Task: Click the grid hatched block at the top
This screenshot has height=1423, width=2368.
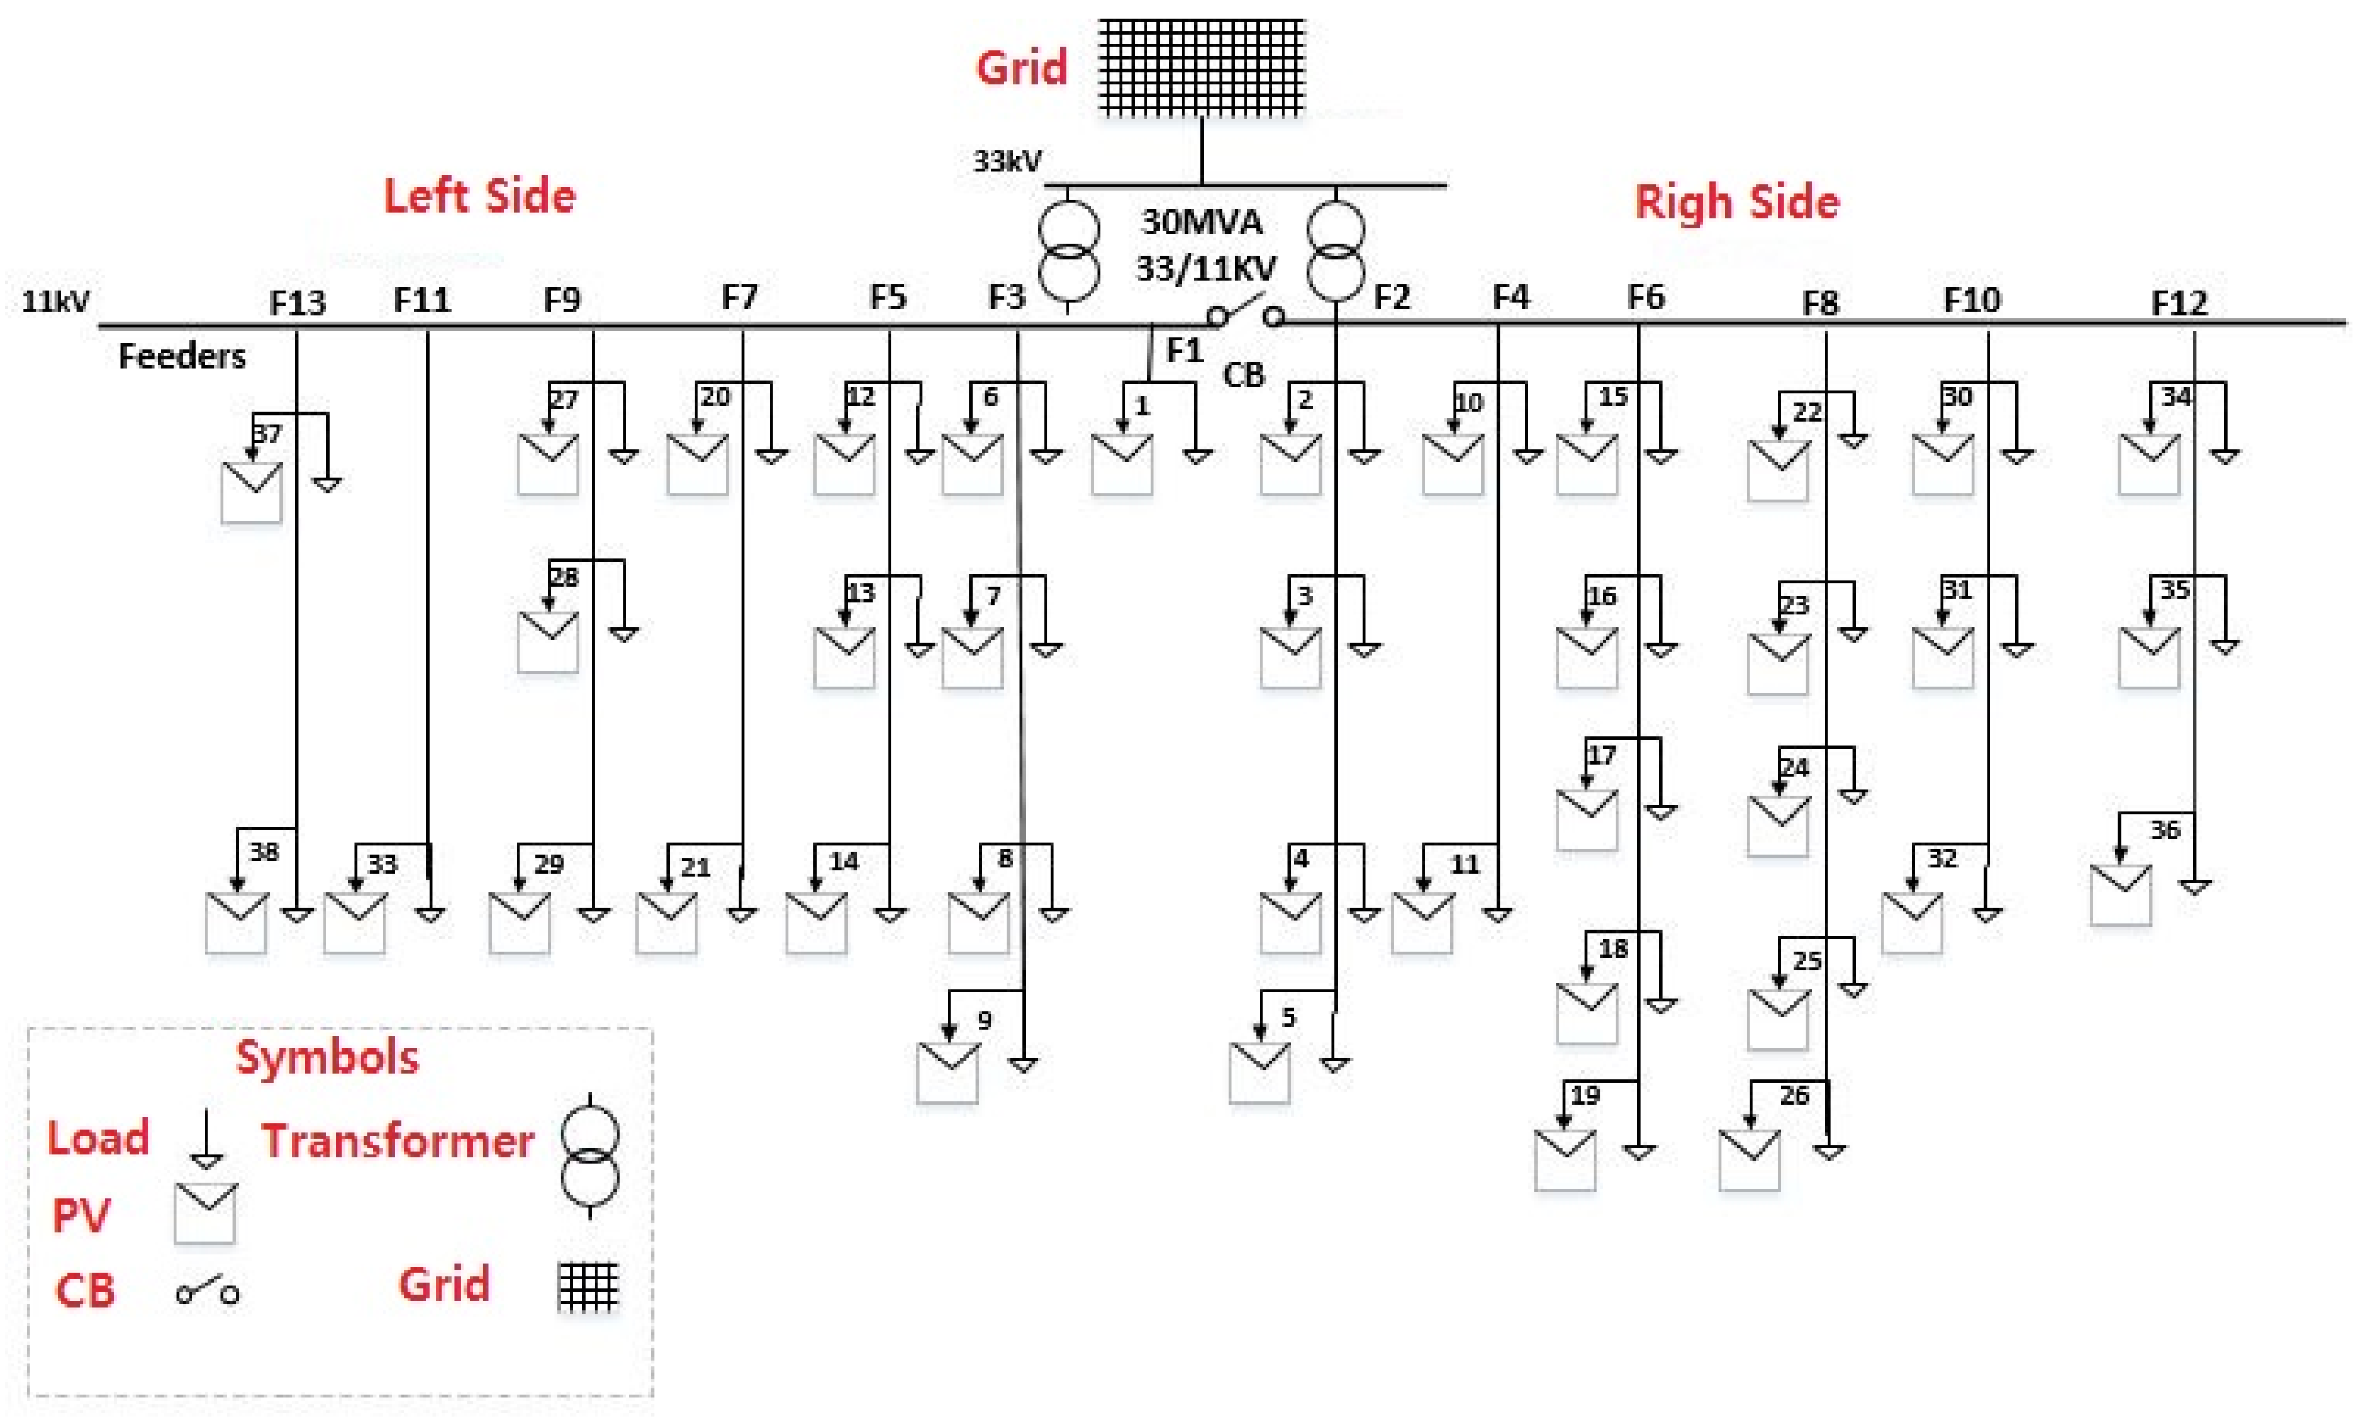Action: [x=1201, y=67]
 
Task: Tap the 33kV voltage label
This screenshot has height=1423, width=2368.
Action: [x=1006, y=161]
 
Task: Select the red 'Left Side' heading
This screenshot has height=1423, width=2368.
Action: [x=479, y=196]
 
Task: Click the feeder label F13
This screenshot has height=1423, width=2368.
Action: [x=297, y=303]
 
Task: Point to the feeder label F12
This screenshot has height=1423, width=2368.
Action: [x=2179, y=303]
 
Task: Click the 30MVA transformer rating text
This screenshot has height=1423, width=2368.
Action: [x=1202, y=223]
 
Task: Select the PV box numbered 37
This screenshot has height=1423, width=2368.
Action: [x=251, y=493]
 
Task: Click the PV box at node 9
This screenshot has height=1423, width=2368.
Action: [x=948, y=1073]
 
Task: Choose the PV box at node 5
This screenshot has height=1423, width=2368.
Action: [x=1259, y=1073]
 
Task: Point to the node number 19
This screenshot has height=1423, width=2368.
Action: [x=1585, y=1095]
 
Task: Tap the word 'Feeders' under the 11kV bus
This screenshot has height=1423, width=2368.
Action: [x=182, y=356]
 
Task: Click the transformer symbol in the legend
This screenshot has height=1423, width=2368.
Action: [x=589, y=1155]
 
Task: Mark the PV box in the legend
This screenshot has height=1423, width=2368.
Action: [x=205, y=1213]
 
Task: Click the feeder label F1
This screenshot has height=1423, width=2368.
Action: [x=1185, y=351]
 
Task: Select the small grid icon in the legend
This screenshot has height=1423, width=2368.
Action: [x=588, y=1287]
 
